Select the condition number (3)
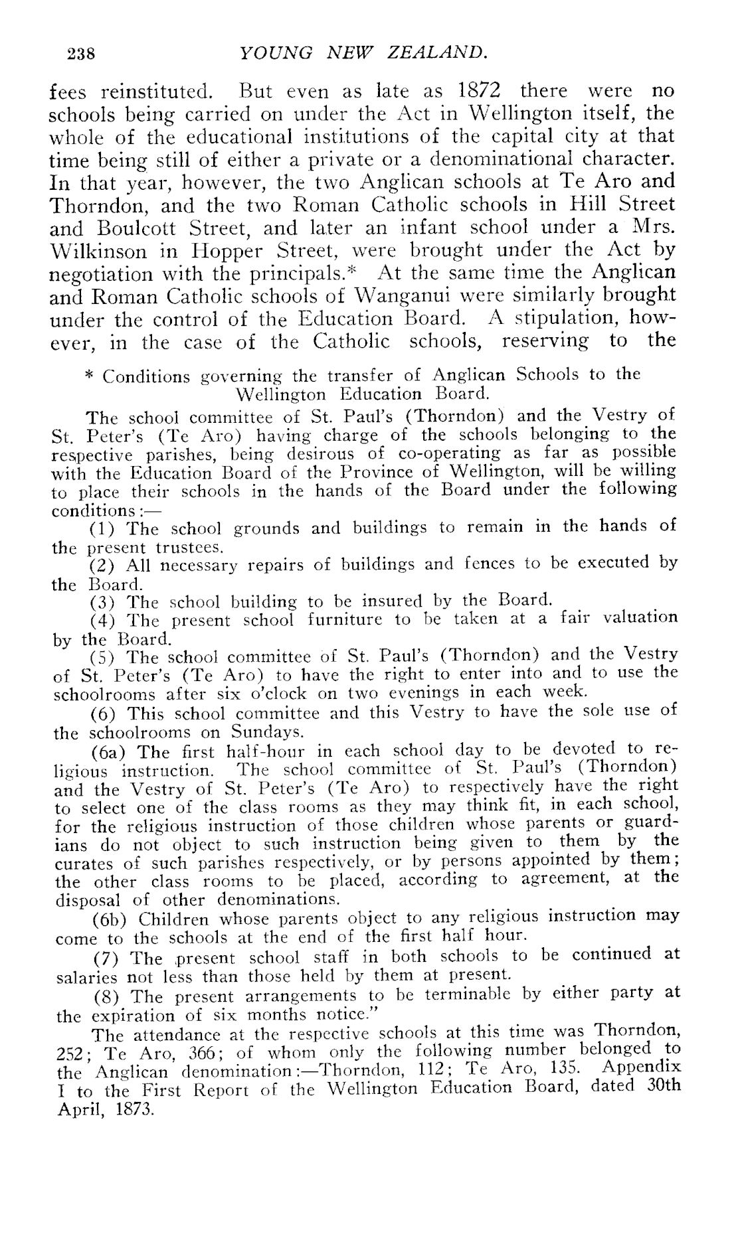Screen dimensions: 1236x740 [102, 602]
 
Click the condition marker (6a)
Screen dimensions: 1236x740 [106, 753]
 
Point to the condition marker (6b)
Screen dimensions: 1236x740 [106, 920]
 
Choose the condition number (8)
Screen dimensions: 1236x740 [102, 997]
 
